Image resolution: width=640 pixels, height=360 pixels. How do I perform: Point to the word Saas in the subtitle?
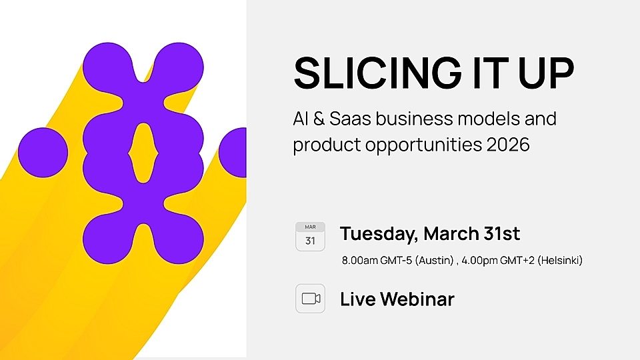(x=352, y=120)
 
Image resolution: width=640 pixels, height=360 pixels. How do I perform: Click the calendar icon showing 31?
(x=310, y=237)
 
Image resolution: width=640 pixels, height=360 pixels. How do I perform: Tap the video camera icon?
(x=311, y=299)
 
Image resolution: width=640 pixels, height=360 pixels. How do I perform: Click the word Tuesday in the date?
(x=378, y=235)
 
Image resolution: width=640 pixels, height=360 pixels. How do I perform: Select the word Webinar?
(x=417, y=299)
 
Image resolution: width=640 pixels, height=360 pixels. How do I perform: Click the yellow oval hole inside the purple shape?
(x=143, y=153)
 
